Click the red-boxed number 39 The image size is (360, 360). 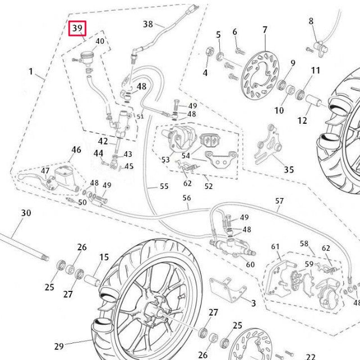pos(77,28)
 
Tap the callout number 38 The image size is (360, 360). pos(148,24)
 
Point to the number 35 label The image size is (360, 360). pos(289,169)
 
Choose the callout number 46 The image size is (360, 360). pos(76,150)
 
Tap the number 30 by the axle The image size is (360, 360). pos(26,213)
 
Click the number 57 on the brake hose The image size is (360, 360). pos(280,201)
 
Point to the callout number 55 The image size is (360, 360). pos(164,186)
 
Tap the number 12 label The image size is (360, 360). pos(303,120)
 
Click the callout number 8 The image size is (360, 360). pos(311,21)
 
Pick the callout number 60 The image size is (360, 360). pos(250,264)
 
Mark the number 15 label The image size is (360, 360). pos(104,258)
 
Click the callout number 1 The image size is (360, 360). pos(31,72)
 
